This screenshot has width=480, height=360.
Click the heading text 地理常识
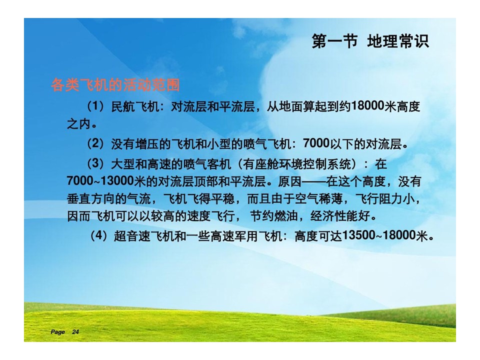(398, 41)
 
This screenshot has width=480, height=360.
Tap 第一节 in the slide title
(334, 41)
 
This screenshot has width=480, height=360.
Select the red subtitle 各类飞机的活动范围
(115, 85)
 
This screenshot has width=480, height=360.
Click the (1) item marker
(95, 106)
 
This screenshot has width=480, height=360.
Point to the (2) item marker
(95, 143)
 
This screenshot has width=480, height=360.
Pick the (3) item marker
(95, 164)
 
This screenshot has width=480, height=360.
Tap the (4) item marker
(98, 235)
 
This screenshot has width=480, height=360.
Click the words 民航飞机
(135, 106)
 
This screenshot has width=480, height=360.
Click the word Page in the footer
(57, 332)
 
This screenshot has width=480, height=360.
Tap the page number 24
(75, 332)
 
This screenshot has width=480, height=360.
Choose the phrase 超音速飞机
(143, 236)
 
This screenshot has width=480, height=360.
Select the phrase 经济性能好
(340, 216)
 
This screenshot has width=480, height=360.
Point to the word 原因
(289, 181)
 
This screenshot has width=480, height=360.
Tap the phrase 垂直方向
(90, 199)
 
